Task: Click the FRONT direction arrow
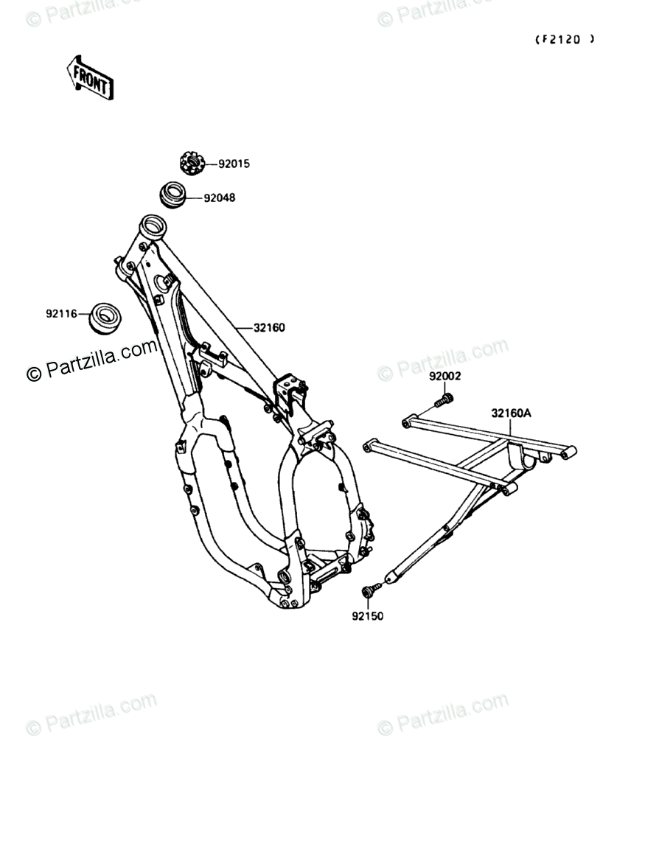(x=89, y=77)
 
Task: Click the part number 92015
(x=234, y=164)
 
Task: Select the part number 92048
(x=220, y=198)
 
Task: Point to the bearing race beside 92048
(x=173, y=194)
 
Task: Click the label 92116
(x=62, y=313)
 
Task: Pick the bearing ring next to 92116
(x=105, y=318)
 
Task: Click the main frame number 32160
(x=269, y=327)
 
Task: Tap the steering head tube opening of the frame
(x=153, y=224)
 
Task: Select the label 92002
(x=445, y=376)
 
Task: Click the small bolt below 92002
(x=444, y=400)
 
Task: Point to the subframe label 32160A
(x=511, y=413)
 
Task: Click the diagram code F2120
(x=564, y=40)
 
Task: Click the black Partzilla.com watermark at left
(x=92, y=360)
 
